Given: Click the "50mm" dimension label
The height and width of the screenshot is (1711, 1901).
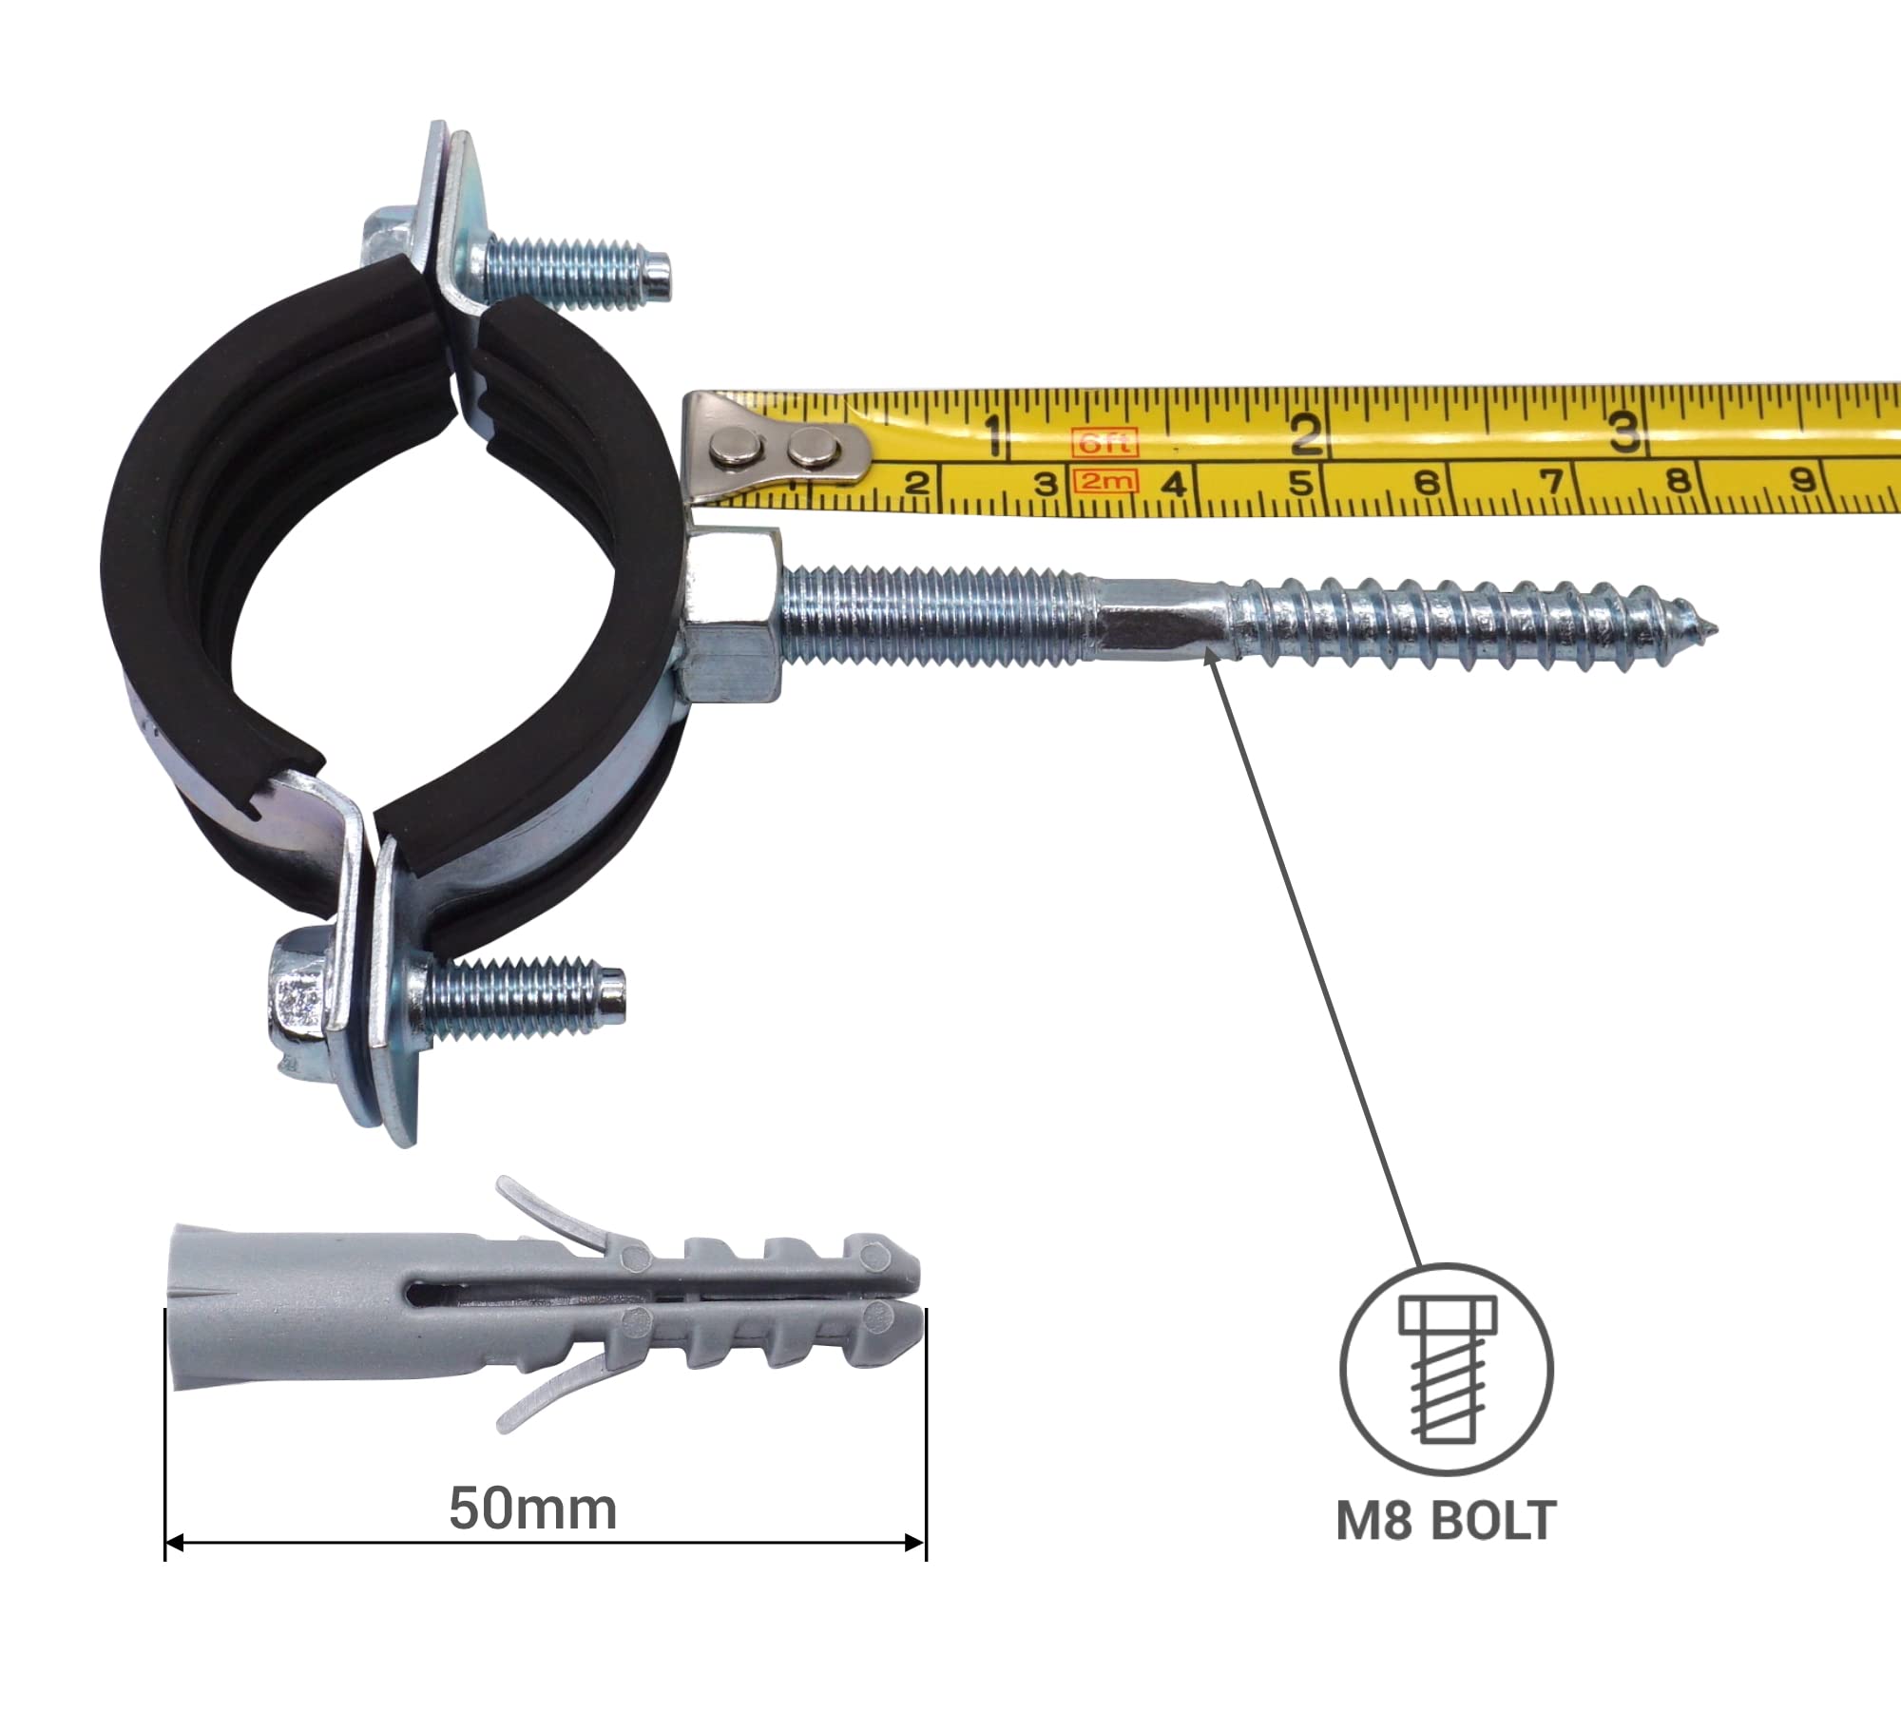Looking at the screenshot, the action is (532, 1509).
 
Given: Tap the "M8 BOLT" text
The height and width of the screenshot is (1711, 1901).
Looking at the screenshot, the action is (1446, 1520).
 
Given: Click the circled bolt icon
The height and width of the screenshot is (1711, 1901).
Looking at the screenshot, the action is (1447, 1370).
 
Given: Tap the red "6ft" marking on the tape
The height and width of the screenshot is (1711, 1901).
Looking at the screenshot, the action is (1104, 442).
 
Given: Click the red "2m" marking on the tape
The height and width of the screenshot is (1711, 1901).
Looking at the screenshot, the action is (1104, 481).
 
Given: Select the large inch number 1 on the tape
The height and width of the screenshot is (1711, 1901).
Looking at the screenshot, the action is (994, 436).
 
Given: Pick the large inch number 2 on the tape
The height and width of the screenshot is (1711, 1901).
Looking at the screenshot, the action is (1306, 434).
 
